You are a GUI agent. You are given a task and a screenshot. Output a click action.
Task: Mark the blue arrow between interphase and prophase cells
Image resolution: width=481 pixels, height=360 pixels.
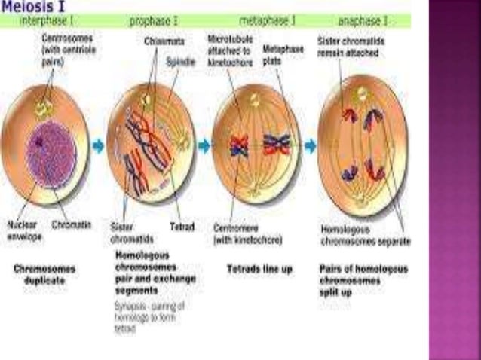[98, 145]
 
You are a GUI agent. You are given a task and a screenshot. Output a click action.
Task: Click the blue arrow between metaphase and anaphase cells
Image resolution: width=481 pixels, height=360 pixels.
[310, 145]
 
